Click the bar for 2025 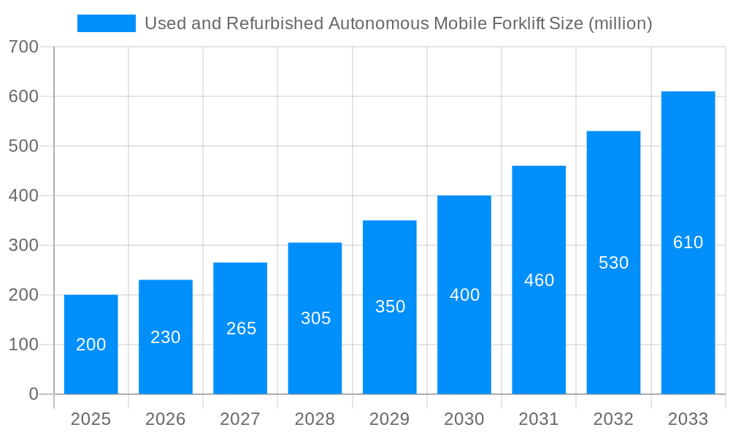pos(91,344)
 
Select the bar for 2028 pos(315,318)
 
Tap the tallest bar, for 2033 pos(688,242)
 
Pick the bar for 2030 pos(464,295)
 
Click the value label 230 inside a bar pos(166,337)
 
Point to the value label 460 pos(539,280)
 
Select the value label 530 pos(613,263)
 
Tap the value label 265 pos(241,328)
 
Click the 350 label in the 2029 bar pos(390,307)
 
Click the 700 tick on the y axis pos(23,47)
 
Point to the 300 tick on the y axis pos(23,245)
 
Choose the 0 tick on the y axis pos(34,394)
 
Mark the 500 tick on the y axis pos(23,146)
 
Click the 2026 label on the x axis pos(166,419)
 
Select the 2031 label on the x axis pos(539,419)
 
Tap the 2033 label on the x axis pos(688,419)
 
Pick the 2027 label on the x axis pos(240,419)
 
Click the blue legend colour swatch pos(107,23)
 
